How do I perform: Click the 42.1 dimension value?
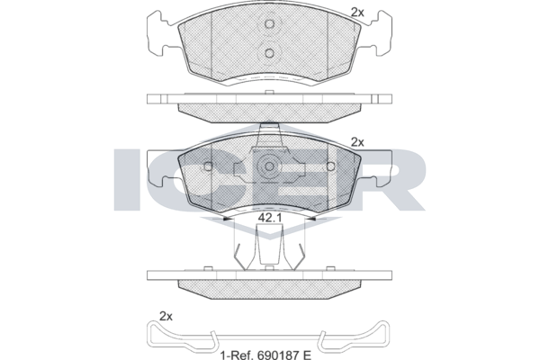pos(270,218)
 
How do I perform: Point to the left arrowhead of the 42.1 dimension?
pos(226,219)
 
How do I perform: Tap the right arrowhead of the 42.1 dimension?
pos(312,219)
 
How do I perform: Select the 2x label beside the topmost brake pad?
pos(357,13)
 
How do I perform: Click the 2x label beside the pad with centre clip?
pos(357,142)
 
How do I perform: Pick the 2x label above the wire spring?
pos(166,316)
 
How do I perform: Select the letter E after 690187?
pos(307,354)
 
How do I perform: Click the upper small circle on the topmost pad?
pos(269,23)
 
